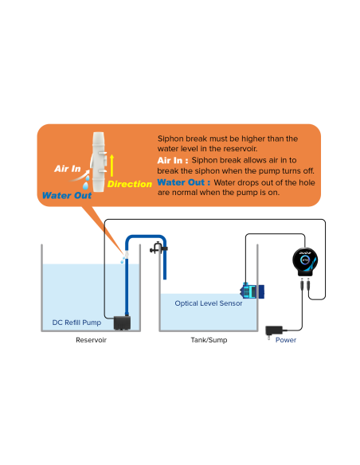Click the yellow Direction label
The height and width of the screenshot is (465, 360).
click(130, 184)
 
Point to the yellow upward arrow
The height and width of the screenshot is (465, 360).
click(112, 166)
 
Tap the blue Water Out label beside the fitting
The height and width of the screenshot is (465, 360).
click(67, 195)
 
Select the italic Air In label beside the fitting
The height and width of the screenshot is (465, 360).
click(68, 169)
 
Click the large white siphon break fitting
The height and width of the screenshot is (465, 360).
click(99, 162)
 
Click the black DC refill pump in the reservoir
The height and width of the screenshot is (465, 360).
click(122, 323)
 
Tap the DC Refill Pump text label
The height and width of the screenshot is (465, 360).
click(76, 322)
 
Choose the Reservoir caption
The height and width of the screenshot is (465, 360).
click(91, 340)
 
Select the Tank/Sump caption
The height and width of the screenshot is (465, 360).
click(209, 340)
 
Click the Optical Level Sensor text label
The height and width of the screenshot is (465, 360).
click(209, 303)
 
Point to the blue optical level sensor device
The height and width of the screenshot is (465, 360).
click(252, 291)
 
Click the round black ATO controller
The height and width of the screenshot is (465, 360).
click(305, 261)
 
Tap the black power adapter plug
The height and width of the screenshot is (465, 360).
click(274, 331)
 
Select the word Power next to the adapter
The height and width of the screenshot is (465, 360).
click(286, 340)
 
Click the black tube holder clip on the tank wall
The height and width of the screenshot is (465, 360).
click(158, 248)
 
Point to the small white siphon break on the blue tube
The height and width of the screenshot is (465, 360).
click(127, 254)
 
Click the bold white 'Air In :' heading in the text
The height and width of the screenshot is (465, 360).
click(173, 160)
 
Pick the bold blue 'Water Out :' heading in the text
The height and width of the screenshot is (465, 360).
click(183, 182)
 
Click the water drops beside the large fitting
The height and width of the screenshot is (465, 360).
click(86, 182)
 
